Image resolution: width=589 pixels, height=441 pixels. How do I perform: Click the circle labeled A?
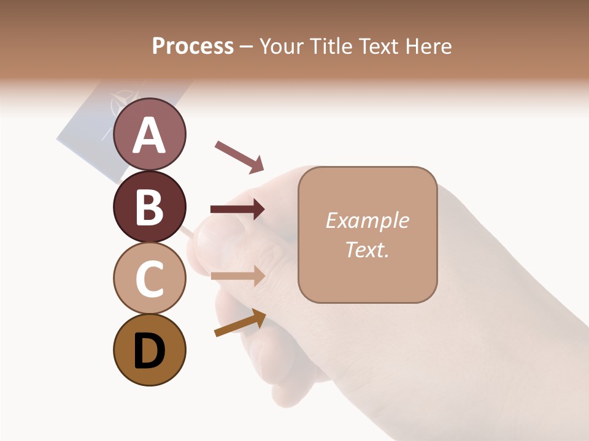[x=150, y=134]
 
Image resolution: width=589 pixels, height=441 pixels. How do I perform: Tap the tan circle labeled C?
[x=150, y=278]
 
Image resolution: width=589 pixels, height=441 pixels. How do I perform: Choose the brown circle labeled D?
[x=150, y=350]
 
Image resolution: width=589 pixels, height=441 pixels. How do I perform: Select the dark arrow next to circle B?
[x=237, y=209]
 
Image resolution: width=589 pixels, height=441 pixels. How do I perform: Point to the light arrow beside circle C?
[x=237, y=276]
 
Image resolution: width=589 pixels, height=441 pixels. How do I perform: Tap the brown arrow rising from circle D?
[x=240, y=323]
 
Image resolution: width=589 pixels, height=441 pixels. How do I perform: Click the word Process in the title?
[x=193, y=46]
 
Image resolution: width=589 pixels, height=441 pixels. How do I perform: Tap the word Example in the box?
[x=368, y=221]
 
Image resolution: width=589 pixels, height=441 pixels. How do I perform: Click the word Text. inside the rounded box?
[x=368, y=249]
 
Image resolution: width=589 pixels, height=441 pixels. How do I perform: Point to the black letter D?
[x=150, y=351]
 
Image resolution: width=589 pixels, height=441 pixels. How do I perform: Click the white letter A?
[x=150, y=135]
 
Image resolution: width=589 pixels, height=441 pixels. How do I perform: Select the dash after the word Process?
[x=247, y=47]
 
